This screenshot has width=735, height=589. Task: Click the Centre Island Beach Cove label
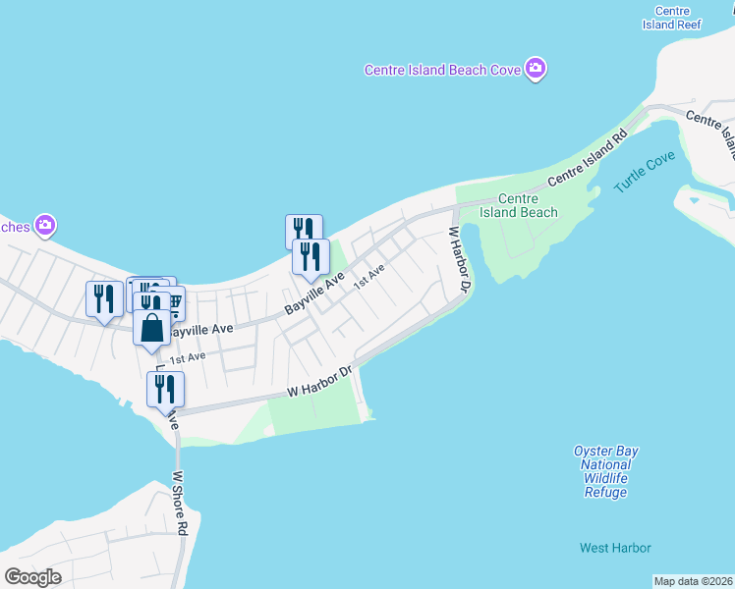coord(443,70)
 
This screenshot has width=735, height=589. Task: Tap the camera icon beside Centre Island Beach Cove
coord(536,69)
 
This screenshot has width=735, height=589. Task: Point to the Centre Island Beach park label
coord(519,205)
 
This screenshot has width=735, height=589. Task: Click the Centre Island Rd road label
coord(588,161)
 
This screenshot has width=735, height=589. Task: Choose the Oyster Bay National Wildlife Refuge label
coord(605,471)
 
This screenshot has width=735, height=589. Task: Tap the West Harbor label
coord(615,548)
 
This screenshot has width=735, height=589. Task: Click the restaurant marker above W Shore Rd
coord(165,389)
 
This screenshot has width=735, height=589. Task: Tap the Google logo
coord(32,577)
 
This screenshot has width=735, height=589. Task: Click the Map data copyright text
coord(694,580)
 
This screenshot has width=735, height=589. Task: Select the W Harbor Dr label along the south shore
coord(319,383)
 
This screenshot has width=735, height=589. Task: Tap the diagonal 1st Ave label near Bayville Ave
coord(369,275)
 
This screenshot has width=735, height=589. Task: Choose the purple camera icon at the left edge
coord(44,227)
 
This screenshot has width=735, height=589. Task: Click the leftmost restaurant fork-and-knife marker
coord(104,298)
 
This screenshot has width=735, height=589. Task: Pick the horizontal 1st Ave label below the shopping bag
coord(187,357)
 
